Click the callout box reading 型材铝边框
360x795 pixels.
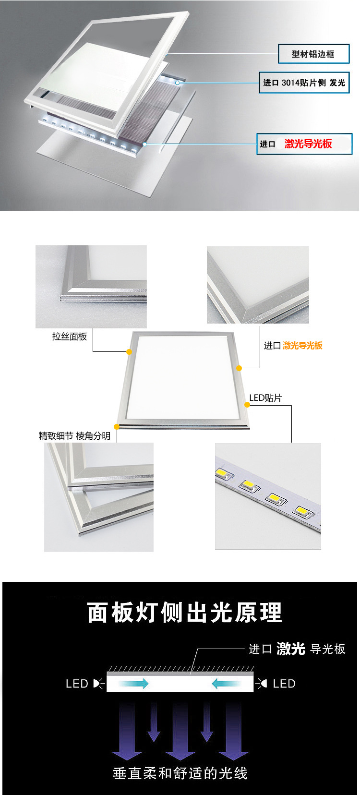point(313,54)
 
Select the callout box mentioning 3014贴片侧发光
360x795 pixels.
point(304,83)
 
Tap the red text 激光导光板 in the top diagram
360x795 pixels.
point(308,144)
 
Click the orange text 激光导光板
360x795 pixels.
point(302,345)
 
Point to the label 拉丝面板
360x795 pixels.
point(70,337)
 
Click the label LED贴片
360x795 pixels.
point(265,398)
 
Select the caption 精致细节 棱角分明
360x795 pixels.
point(74,435)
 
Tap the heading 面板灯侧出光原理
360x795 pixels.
point(185,613)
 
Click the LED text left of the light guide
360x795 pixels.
point(77,684)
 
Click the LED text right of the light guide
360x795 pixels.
point(284,684)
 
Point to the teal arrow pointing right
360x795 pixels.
point(133,683)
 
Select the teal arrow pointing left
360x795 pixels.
point(227,683)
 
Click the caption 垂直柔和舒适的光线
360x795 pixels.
point(180,773)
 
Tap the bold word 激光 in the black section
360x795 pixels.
point(291,649)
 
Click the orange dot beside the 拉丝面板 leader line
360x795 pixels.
point(129,352)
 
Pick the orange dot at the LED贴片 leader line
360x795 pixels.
point(247,405)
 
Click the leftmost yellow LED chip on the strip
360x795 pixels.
point(224,473)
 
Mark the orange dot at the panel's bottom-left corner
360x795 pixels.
point(117,427)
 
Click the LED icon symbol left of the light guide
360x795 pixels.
point(98,684)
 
